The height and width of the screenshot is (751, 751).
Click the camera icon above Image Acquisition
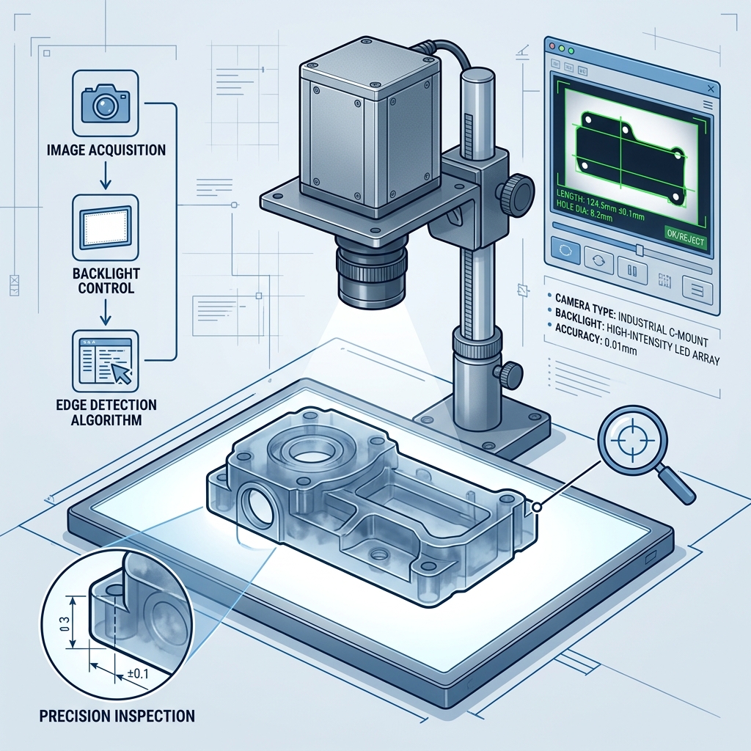point(105,103)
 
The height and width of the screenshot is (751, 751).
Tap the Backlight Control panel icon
point(105,227)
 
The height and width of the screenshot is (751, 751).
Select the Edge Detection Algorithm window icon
point(106,361)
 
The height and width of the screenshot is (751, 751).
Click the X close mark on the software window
point(711,89)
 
